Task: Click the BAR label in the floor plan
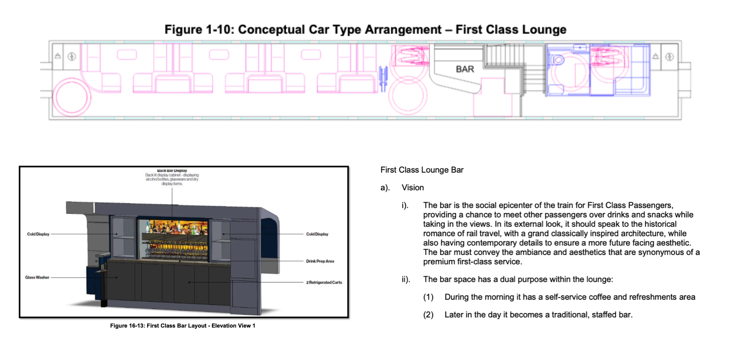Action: pyautogui.click(x=465, y=69)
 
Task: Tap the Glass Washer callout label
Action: pyautogui.click(x=37, y=277)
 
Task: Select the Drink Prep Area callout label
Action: pyautogui.click(x=320, y=261)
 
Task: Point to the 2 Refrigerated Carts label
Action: pyautogui.click(x=324, y=282)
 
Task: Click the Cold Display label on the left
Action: pyautogui.click(x=38, y=234)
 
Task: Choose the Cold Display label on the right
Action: pyautogui.click(x=317, y=234)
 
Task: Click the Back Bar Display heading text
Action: pyautogui.click(x=172, y=171)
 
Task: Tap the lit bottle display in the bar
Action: pyautogui.click(x=173, y=238)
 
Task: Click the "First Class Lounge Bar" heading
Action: pyautogui.click(x=422, y=170)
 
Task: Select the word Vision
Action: pyautogui.click(x=413, y=188)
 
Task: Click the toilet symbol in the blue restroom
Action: pyautogui.click(x=557, y=60)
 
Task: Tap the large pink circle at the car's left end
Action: pyautogui.click(x=71, y=97)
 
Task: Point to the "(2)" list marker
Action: pyautogui.click(x=428, y=315)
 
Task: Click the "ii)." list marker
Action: pyautogui.click(x=406, y=279)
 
